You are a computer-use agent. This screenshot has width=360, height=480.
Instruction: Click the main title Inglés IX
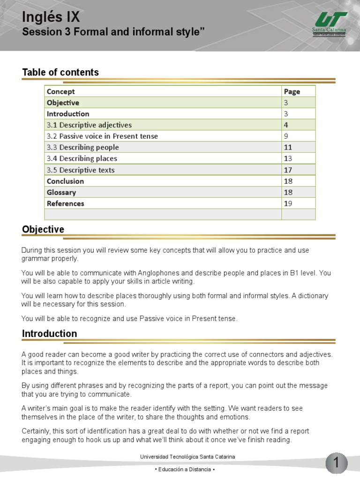[51, 17]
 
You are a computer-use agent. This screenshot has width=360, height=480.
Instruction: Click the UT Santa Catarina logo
[329, 24]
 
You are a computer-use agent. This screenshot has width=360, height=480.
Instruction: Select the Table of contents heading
[60, 72]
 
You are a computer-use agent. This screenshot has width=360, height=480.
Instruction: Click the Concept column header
[60, 91]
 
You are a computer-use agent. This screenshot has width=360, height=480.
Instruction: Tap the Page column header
[292, 91]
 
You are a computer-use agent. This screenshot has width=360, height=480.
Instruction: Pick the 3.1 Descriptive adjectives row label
[89, 125]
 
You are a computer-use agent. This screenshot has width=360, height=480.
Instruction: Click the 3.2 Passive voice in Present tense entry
[102, 136]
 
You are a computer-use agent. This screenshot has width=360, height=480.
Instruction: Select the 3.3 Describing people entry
[82, 148]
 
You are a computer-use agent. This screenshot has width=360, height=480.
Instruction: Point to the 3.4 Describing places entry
[82, 159]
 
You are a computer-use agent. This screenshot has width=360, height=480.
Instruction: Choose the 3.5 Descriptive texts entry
[81, 170]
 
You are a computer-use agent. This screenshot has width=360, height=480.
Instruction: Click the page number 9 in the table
[286, 136]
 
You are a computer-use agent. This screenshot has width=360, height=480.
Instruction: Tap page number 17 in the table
[288, 170]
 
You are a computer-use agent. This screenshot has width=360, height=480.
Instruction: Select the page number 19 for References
[288, 203]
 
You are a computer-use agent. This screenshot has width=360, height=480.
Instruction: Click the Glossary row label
[61, 192]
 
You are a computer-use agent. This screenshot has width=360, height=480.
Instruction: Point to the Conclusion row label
[65, 181]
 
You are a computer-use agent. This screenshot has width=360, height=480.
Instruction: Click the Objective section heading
[43, 229]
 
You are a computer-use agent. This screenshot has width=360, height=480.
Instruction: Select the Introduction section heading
[49, 334]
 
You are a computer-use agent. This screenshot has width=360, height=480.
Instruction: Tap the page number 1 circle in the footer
[336, 464]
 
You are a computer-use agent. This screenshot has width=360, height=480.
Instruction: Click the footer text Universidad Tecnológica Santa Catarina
[187, 457]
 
